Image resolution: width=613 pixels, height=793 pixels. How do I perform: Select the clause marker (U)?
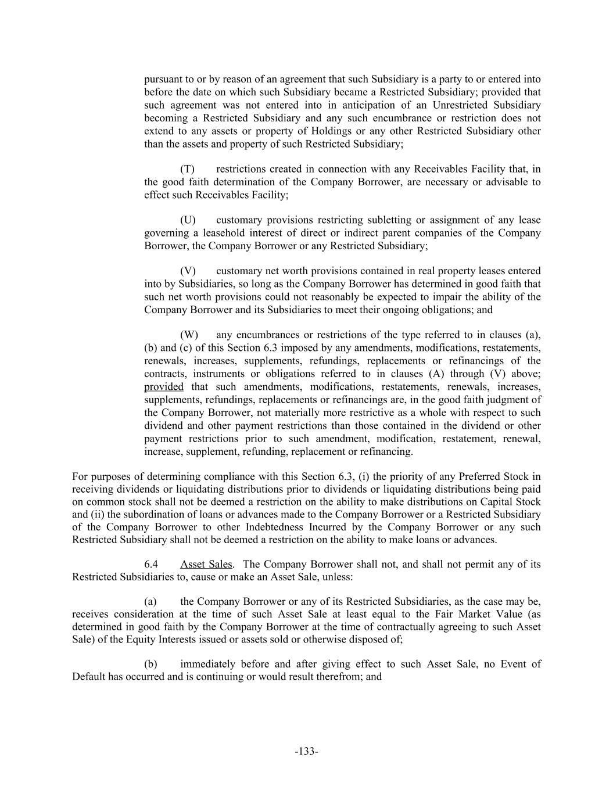[x=188, y=220]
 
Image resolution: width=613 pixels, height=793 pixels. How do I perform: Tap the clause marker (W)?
[x=189, y=335]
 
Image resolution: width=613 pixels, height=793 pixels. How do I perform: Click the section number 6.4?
[x=151, y=565]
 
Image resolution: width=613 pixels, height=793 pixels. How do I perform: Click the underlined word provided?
[x=164, y=387]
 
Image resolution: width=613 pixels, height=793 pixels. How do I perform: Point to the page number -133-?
[x=306, y=752]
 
